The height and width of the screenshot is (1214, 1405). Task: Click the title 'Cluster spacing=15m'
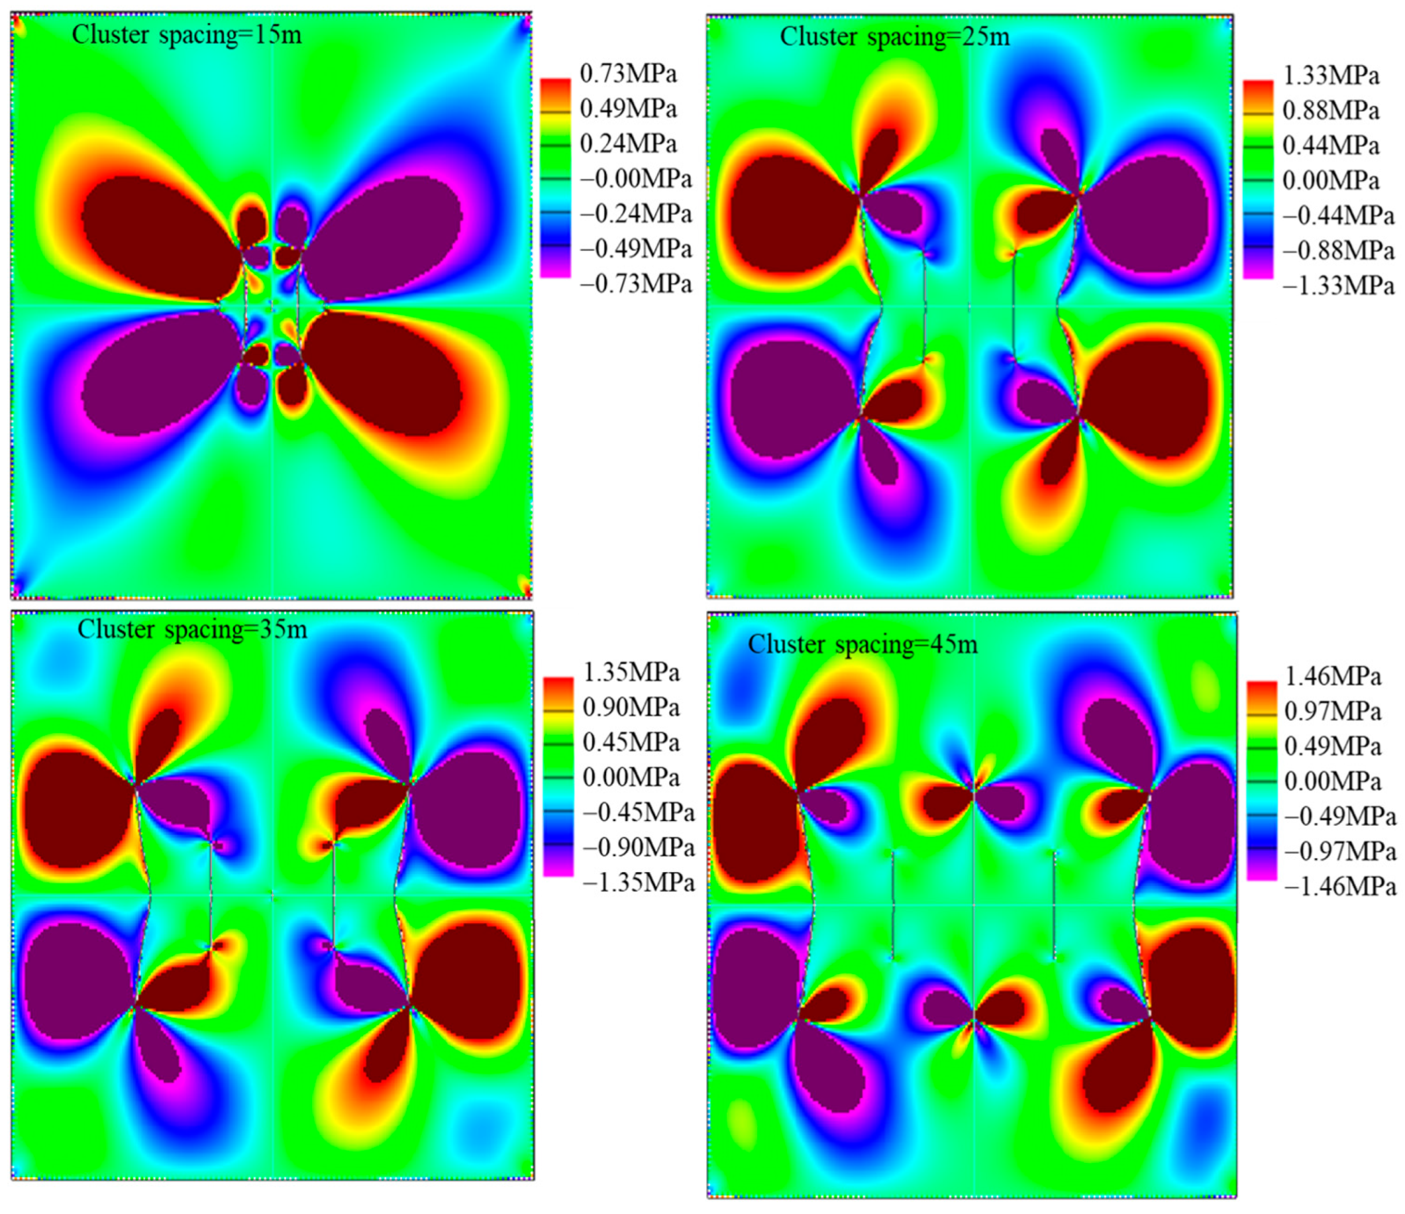187,34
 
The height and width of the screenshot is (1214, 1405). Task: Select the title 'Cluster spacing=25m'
894,37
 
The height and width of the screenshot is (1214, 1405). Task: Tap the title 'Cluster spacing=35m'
192,630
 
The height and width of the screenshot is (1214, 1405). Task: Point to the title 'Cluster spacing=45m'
862,644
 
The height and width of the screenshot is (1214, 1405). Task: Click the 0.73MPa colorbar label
628,74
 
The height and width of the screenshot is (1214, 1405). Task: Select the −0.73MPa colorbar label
635,284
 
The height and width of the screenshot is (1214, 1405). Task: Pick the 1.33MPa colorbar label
1330,76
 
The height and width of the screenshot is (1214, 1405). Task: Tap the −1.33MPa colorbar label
1338,286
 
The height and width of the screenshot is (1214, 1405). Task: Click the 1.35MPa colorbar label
631,673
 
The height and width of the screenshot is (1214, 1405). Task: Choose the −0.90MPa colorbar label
638,848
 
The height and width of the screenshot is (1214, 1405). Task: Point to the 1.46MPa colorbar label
1332,677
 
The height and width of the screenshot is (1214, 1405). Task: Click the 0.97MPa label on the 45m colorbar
1332,712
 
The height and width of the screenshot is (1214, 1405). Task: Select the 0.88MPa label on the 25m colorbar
1330,111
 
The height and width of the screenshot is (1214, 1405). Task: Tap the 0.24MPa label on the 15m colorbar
628,144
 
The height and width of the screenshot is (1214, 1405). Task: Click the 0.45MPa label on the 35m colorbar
631,743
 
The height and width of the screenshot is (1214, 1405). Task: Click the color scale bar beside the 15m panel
555,178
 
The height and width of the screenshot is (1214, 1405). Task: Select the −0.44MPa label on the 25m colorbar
1338,216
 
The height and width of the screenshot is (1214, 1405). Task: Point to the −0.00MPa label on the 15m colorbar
635,179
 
